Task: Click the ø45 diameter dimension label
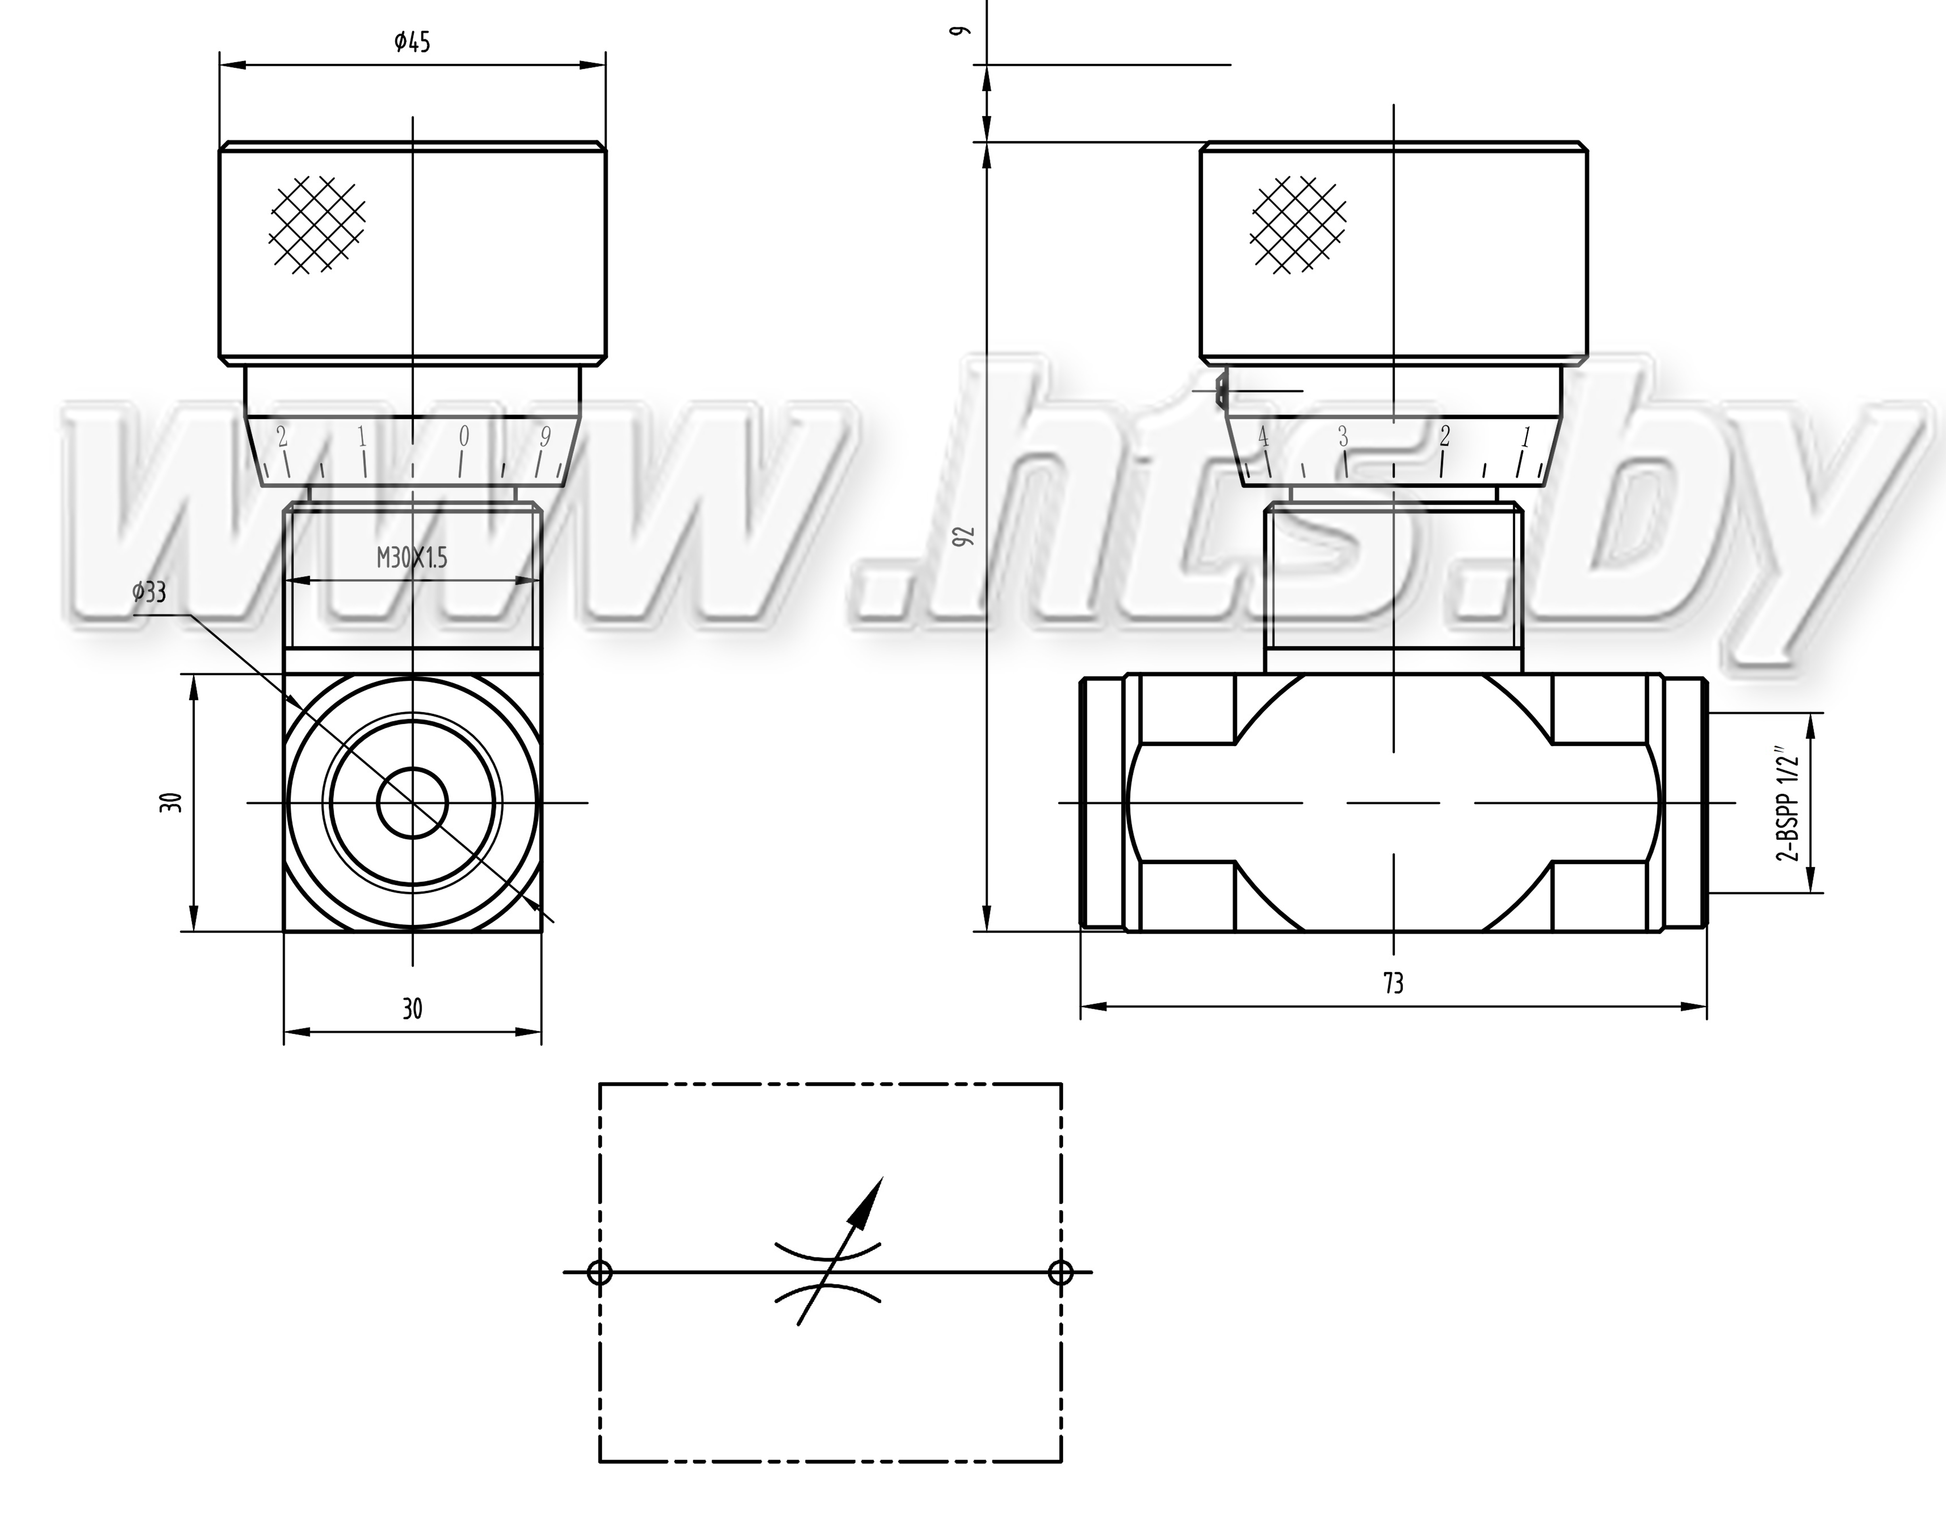tap(412, 42)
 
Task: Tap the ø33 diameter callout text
tap(149, 592)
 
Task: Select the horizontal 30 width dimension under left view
tap(412, 1009)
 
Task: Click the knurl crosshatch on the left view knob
tap(317, 224)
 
